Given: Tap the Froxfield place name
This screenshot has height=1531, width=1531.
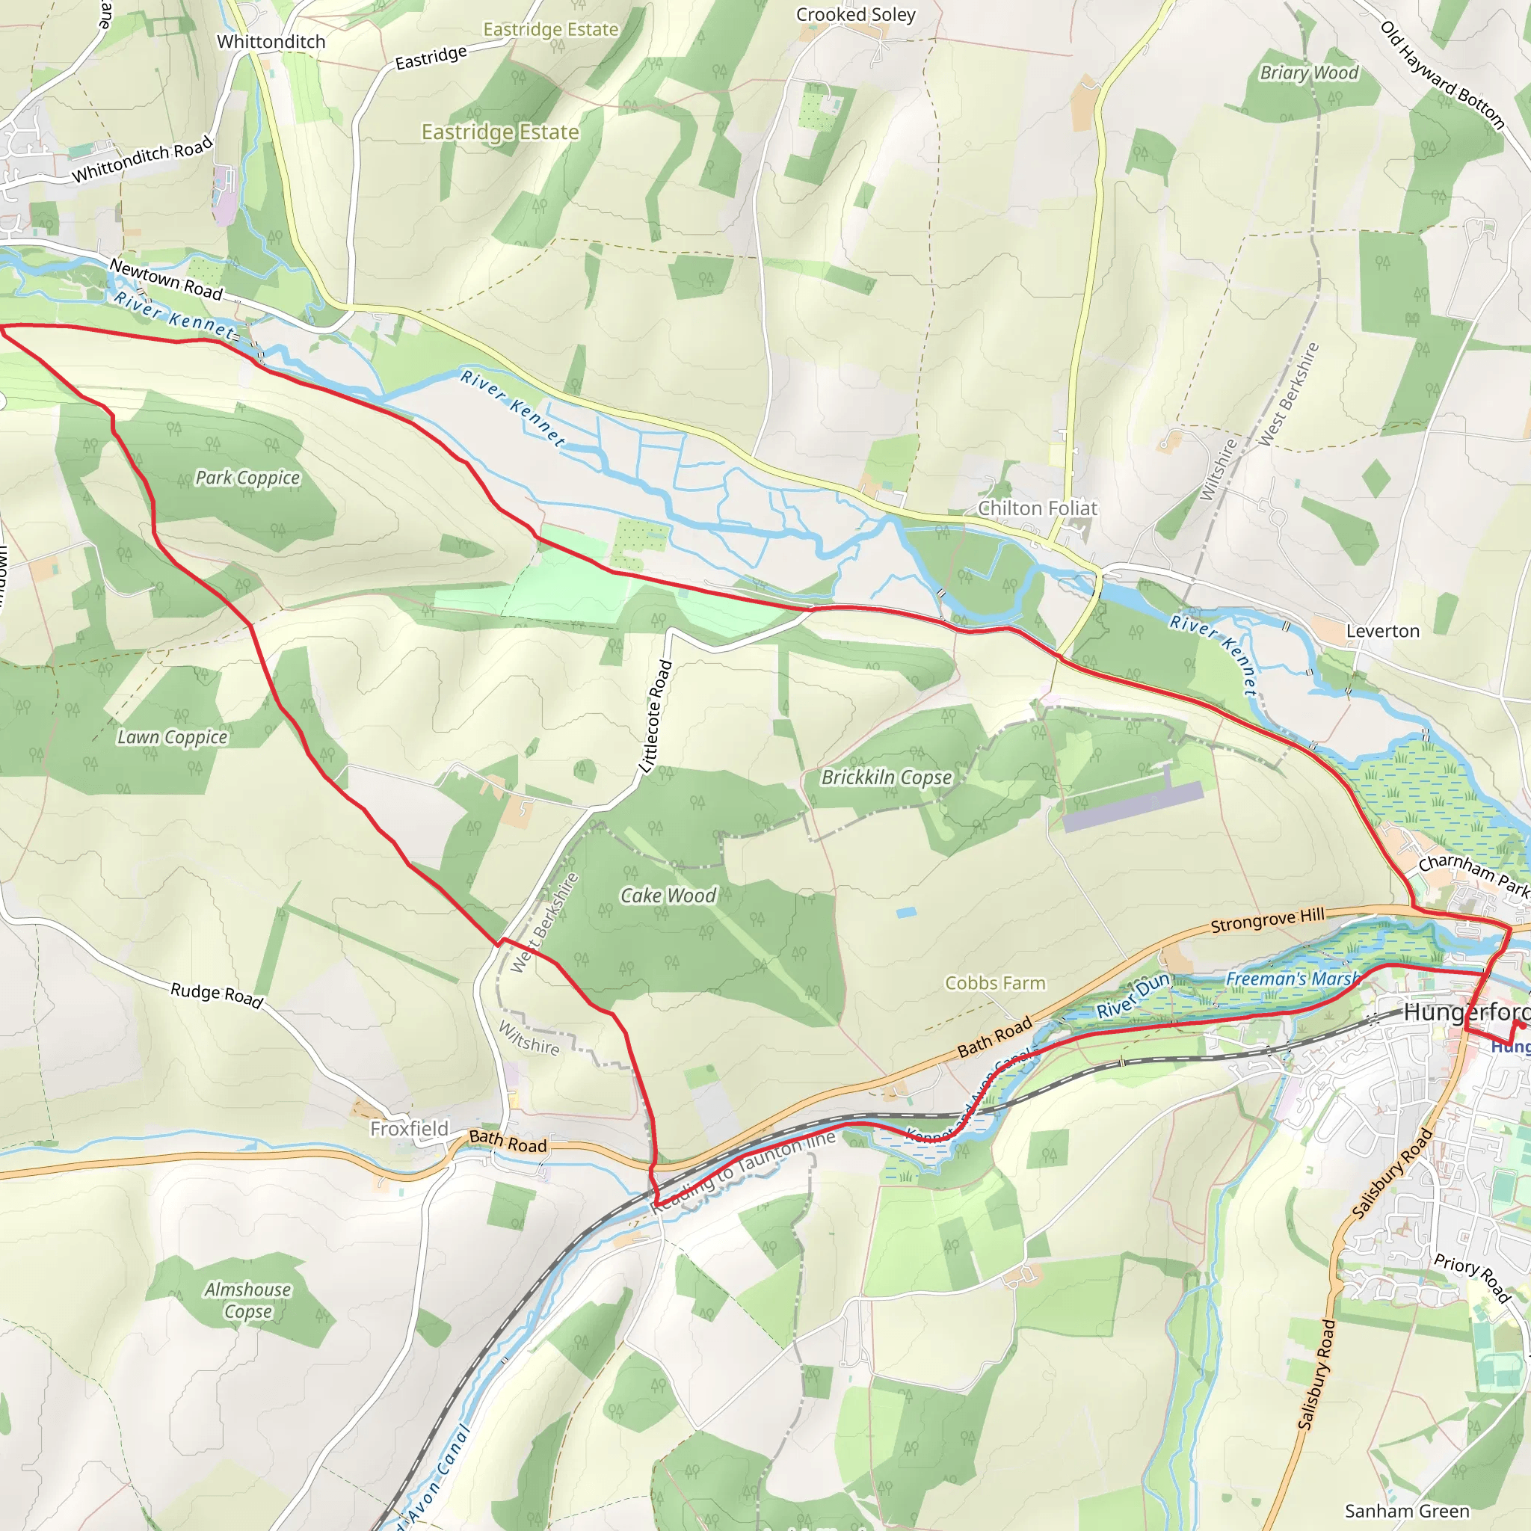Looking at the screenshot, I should tap(409, 1128).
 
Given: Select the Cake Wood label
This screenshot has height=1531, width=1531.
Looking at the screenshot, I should tap(668, 896).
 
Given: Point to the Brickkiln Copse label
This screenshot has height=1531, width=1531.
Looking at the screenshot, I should tap(886, 777).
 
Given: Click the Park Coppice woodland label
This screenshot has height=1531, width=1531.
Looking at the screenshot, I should tap(247, 478).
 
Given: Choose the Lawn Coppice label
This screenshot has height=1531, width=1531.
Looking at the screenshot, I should tap(172, 737).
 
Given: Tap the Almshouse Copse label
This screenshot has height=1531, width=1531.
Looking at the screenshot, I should tap(247, 1301).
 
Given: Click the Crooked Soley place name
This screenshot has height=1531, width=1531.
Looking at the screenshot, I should tap(855, 15).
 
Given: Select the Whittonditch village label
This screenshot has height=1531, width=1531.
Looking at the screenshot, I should tap(271, 41).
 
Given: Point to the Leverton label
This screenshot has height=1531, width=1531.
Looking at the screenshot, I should tap(1383, 632).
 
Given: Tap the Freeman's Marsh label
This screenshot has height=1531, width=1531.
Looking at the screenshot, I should tap(1292, 979).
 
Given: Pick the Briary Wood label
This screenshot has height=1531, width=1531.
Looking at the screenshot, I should tap(1309, 73).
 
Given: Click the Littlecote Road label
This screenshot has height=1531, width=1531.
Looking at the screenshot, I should tap(657, 716).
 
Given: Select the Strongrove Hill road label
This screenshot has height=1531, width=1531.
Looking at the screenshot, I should tap(1267, 921).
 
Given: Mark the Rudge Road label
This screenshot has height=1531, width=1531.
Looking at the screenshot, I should tap(216, 994).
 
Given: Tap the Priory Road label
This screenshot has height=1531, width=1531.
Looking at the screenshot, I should tap(1471, 1278).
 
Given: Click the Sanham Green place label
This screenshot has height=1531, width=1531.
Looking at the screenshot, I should tap(1407, 1511).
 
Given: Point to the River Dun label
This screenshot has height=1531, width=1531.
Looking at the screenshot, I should tap(1133, 996).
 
